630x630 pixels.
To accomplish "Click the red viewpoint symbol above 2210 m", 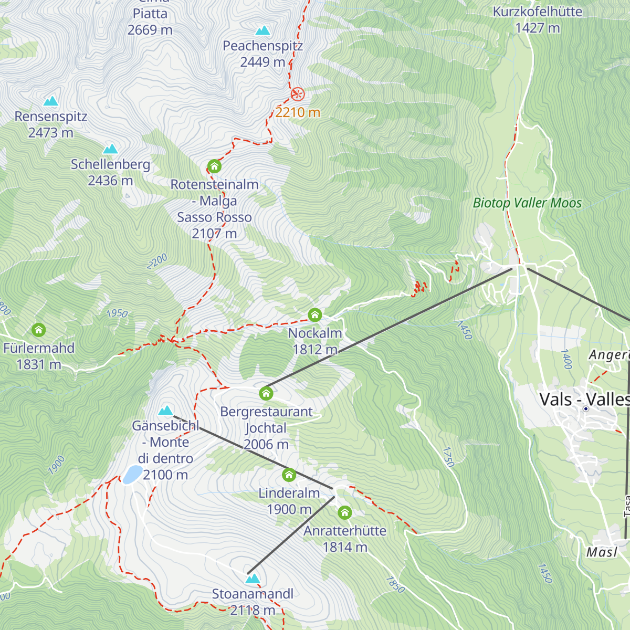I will (x=298, y=94).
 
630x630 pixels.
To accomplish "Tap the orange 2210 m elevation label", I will (x=298, y=112).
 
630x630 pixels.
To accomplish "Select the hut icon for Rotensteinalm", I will (x=214, y=166).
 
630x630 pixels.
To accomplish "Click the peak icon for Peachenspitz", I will (x=262, y=30).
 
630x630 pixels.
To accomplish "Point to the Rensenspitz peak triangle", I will (x=50, y=101).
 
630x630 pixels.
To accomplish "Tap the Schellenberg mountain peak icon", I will (x=110, y=149).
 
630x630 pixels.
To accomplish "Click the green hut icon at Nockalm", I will (x=314, y=314).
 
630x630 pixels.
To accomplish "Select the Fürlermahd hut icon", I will (x=38, y=330).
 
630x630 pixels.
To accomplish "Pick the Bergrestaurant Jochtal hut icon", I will (x=266, y=393).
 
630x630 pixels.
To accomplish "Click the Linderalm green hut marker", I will (x=289, y=475).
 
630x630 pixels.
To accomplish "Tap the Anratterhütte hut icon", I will (x=344, y=512).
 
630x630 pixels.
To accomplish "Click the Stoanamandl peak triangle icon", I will (x=253, y=579).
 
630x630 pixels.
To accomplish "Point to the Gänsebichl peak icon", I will (x=166, y=410).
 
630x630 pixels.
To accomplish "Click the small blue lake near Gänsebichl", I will (x=132, y=474).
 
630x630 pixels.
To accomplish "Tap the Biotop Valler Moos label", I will (x=527, y=203).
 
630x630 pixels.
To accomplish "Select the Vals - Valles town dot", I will (x=586, y=409).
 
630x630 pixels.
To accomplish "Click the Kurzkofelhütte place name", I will (x=538, y=12).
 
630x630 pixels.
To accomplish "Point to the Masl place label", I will (x=602, y=552).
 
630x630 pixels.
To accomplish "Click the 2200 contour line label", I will (x=157, y=261).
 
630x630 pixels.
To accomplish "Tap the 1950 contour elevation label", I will (x=117, y=313).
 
